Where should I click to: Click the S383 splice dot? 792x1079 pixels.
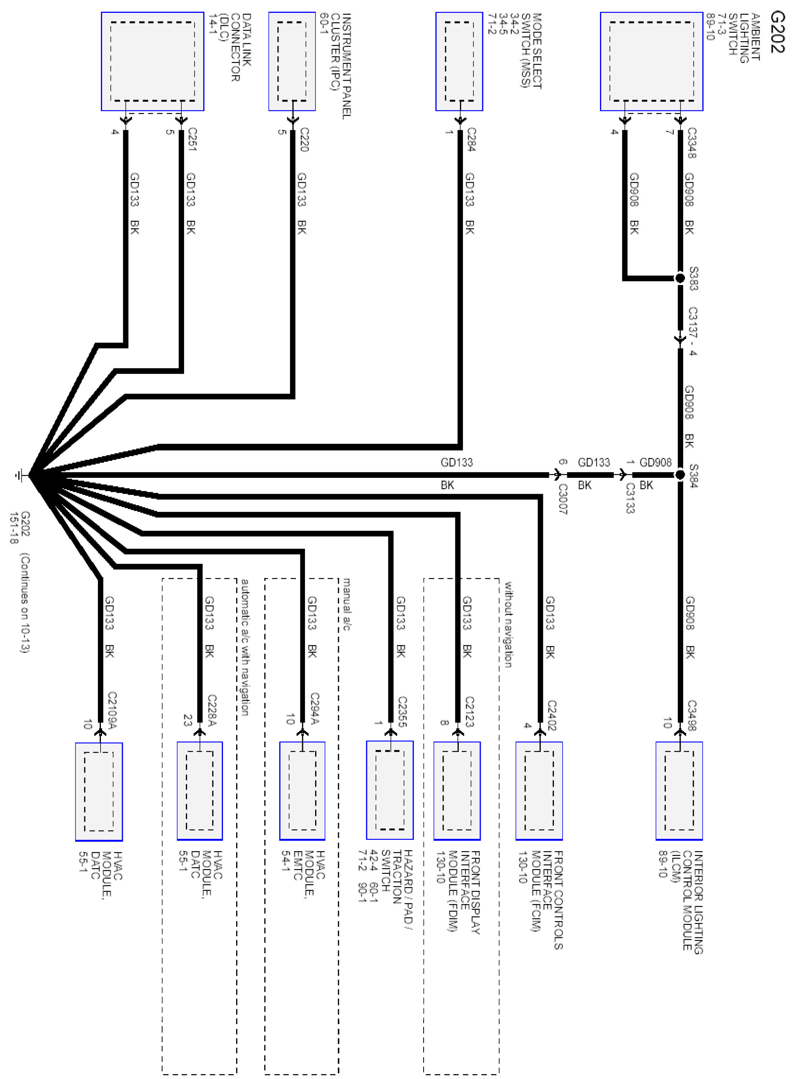680,278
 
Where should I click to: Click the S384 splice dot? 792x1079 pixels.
680,475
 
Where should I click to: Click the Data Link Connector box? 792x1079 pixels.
152,61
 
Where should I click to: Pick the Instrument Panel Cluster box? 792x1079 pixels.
292,61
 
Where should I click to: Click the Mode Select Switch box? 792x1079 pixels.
459,61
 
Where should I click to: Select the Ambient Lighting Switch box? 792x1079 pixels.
651,61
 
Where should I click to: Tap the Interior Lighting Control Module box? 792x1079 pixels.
679,790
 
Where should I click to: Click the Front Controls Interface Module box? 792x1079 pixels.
539,790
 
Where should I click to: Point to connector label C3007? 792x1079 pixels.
563,499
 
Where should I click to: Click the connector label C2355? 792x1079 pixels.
402,711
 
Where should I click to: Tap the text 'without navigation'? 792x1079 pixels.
508,624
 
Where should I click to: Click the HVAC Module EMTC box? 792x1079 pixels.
302,790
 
